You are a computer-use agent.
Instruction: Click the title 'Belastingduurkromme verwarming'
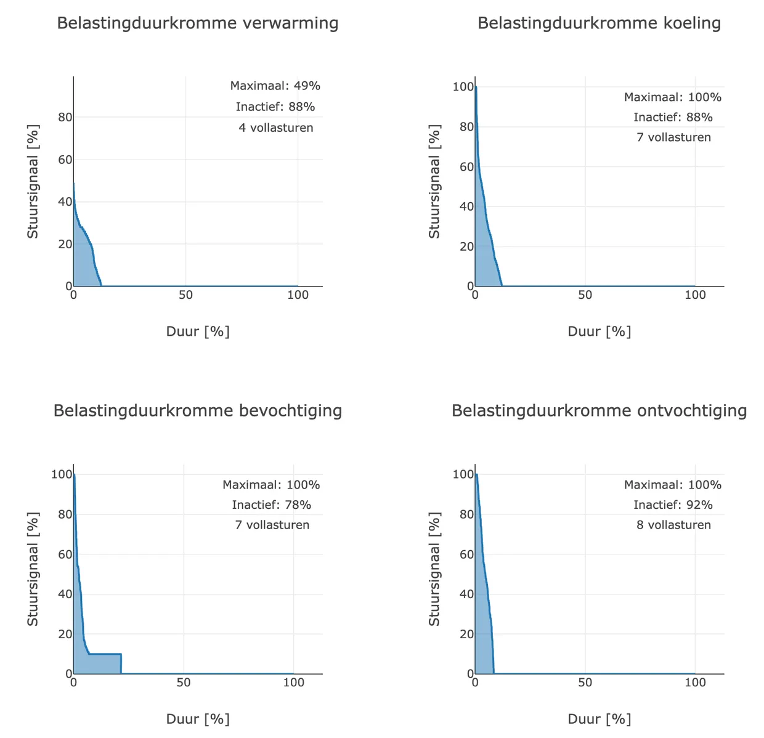(198, 23)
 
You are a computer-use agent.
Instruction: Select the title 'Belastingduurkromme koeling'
(599, 23)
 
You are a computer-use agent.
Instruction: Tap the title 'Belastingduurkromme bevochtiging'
(198, 411)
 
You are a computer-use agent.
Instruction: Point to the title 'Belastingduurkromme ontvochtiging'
(599, 411)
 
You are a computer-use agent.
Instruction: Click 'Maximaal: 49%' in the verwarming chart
(275, 86)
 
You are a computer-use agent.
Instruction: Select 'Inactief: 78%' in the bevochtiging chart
(272, 505)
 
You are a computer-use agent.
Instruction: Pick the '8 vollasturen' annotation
(673, 525)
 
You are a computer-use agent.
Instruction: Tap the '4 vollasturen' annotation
(275, 128)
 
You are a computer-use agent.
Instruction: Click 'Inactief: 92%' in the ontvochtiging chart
(673, 505)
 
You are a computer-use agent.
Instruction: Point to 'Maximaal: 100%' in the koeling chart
(672, 97)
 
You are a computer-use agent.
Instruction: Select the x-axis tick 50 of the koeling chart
(585, 295)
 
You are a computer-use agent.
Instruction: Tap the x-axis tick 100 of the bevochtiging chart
(294, 683)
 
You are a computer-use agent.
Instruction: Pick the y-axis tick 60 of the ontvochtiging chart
(466, 554)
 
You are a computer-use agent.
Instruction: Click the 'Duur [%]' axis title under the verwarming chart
(198, 331)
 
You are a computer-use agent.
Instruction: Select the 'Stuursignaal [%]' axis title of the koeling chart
(434, 181)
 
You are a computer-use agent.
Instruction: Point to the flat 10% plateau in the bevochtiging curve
(105, 654)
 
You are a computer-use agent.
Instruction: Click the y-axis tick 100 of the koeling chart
(463, 87)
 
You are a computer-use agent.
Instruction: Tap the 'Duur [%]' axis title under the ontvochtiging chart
(599, 719)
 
